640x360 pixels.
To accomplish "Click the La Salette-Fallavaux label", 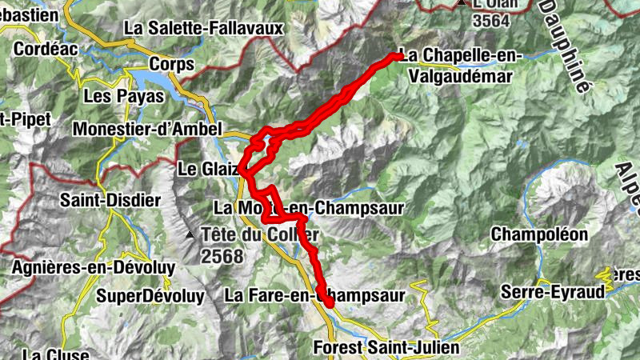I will (x=204, y=28).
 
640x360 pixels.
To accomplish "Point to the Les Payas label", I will (x=123, y=96).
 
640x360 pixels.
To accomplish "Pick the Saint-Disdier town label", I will (x=110, y=200).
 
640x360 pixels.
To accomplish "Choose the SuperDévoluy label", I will (x=150, y=296).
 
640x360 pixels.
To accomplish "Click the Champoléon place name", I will (x=539, y=234).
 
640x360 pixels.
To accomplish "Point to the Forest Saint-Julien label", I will (x=386, y=348).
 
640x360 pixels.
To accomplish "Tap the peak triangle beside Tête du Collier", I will (x=190, y=235).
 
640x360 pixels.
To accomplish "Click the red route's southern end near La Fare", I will (x=329, y=303).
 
